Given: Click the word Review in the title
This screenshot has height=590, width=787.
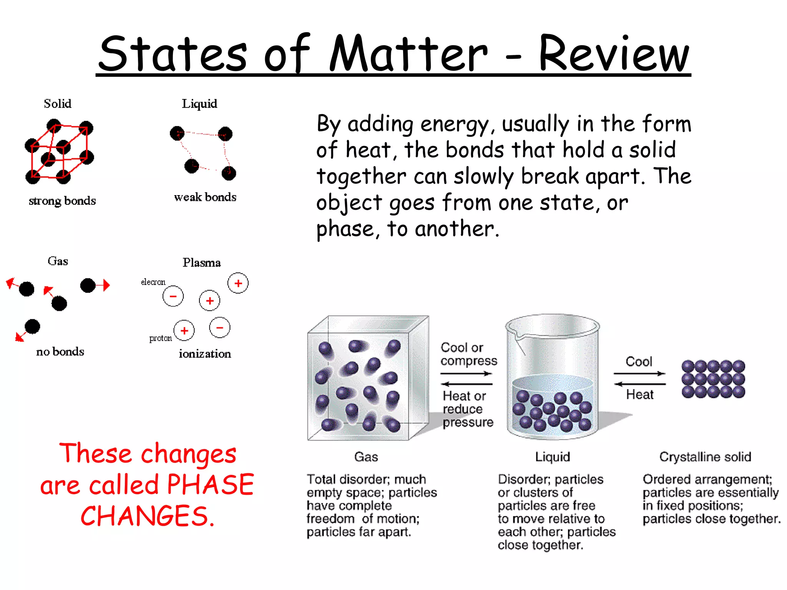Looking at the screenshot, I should [614, 54].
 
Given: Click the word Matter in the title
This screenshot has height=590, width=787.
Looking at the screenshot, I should [408, 54].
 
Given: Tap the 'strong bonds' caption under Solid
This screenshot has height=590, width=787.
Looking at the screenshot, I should [62, 201].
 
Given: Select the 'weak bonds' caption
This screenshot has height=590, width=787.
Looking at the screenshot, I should [205, 197].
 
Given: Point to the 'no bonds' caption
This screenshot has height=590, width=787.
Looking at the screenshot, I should [60, 351].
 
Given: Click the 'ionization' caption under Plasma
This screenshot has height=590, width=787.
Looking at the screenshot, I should [205, 354].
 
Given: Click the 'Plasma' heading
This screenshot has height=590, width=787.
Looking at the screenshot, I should [202, 263].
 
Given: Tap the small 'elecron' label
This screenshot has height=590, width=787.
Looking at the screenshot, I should [153, 282].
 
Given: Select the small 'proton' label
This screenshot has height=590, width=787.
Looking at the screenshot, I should [160, 338].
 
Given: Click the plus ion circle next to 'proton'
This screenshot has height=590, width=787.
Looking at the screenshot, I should [184, 330].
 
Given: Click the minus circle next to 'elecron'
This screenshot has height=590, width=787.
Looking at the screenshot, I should [173, 296].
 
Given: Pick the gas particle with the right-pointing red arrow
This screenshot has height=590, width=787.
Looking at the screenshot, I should [88, 285].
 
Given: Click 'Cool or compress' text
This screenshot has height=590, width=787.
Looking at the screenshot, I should [468, 354].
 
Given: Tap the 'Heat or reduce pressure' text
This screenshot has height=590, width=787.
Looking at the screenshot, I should [468, 409].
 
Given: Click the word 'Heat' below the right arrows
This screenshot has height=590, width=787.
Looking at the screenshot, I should [639, 394].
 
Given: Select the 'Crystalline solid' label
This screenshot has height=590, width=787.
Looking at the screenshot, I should [705, 457].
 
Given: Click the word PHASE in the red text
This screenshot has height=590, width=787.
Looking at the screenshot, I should [211, 485].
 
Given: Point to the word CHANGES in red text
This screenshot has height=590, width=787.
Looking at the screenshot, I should [147, 516].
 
